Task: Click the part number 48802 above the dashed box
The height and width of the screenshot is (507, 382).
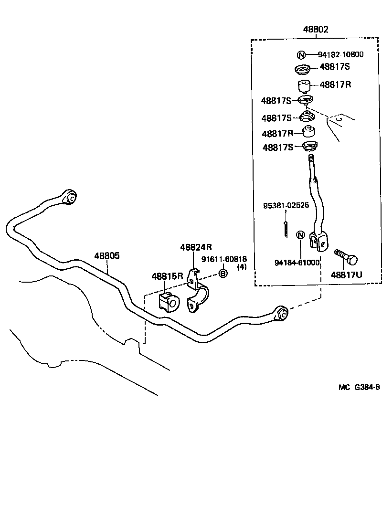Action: pyautogui.click(x=315, y=30)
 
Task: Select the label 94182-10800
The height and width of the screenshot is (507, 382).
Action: pyautogui.click(x=340, y=54)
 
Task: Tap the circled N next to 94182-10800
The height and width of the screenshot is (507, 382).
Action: pyautogui.click(x=302, y=54)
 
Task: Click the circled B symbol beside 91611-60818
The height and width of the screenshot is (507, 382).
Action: pyautogui.click(x=223, y=273)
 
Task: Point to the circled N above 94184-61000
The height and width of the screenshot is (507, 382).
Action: pyautogui.click(x=300, y=235)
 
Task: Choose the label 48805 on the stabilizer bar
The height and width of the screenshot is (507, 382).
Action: pyautogui.click(x=106, y=256)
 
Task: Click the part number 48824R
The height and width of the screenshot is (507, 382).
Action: pyautogui.click(x=196, y=247)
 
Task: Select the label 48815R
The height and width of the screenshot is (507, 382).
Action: pyautogui.click(x=168, y=276)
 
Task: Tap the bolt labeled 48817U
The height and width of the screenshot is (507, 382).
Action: pyautogui.click(x=346, y=257)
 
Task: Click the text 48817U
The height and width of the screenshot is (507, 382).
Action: pyautogui.click(x=347, y=275)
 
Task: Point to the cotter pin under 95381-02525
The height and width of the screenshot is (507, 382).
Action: pyautogui.click(x=286, y=228)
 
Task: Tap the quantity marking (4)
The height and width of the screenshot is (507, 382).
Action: pyautogui.click(x=242, y=267)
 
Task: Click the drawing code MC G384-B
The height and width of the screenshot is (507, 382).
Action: pyautogui.click(x=359, y=387)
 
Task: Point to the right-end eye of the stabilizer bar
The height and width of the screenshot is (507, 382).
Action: pyautogui.click(x=281, y=314)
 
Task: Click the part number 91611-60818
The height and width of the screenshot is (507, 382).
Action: pyautogui.click(x=224, y=259)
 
